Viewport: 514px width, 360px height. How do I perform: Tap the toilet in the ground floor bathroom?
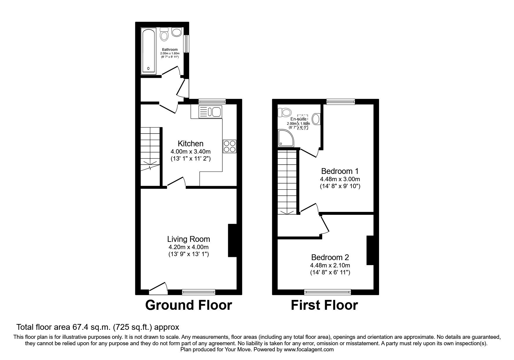tap(164, 35)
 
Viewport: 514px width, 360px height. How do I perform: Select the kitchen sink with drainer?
tap(210, 112)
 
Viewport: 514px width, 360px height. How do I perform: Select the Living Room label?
tap(188, 239)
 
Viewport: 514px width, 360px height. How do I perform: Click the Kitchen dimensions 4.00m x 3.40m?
tap(190, 152)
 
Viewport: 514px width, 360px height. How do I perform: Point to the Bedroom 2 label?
tap(330, 257)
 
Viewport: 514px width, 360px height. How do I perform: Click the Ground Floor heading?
tap(188, 305)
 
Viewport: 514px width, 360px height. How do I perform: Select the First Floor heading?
tap(324, 305)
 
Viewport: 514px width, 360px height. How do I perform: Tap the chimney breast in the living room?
tap(232, 240)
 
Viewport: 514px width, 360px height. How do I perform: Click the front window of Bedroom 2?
tap(327, 291)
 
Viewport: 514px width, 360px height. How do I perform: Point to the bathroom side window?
tap(186, 44)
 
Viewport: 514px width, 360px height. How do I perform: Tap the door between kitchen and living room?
tap(176, 183)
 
